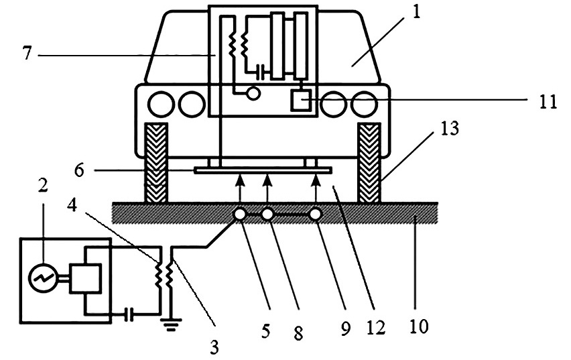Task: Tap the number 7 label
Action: pyautogui.click(x=27, y=53)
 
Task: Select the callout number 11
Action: pyautogui.click(x=548, y=102)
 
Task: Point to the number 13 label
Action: pyautogui.click(x=450, y=129)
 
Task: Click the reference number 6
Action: pyautogui.click(x=79, y=170)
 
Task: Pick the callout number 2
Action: pyautogui.click(x=43, y=186)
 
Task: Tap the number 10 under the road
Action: pyautogui.click(x=419, y=326)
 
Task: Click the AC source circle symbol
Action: pyautogui.click(x=43, y=278)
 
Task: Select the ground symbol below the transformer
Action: pyautogui.click(x=171, y=324)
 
